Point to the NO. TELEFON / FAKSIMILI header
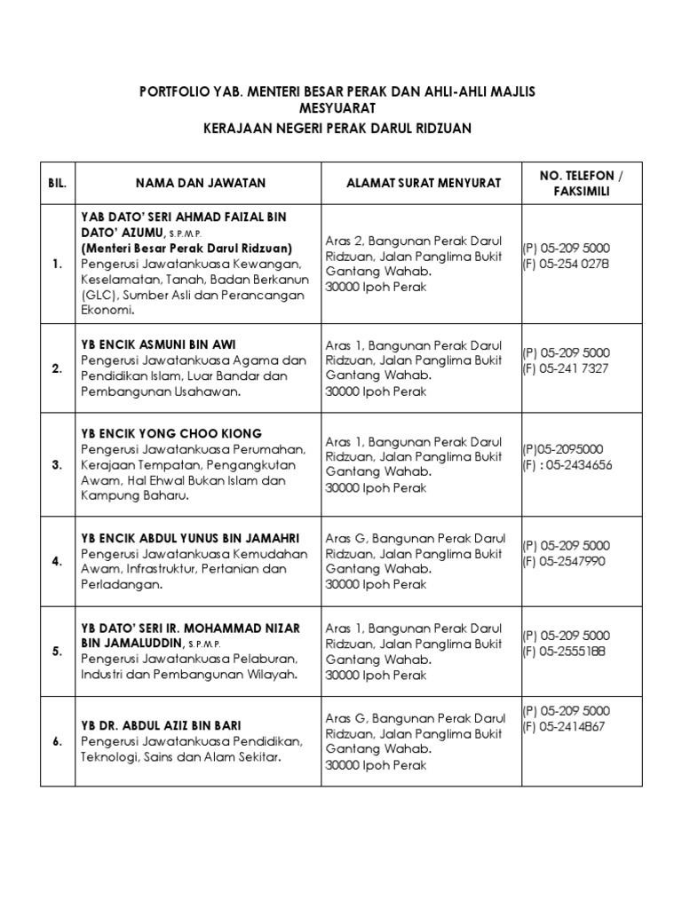(582, 183)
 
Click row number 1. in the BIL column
(57, 265)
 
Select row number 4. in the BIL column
(57, 561)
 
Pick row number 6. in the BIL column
(57, 742)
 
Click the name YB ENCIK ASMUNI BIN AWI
(159, 344)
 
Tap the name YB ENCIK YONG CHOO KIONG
(171, 433)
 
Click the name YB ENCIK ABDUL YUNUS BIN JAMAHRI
(190, 538)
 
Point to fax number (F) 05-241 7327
(566, 368)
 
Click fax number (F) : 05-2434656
(567, 464)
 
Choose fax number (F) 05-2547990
(564, 561)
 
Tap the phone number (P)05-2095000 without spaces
(563, 448)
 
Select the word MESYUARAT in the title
(341, 107)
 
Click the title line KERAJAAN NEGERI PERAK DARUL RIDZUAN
(341, 129)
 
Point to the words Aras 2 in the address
(343, 241)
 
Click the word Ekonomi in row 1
(107, 312)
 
